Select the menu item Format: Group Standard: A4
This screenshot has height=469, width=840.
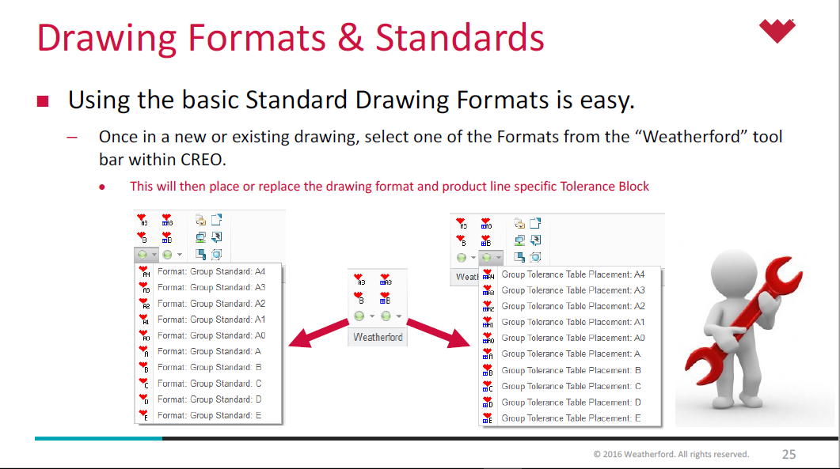211,271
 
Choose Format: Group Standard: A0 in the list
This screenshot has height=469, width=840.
211,335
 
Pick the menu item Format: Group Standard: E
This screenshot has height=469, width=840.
209,415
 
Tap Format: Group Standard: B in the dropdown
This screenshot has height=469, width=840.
209,367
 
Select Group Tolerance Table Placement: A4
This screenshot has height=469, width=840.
572,274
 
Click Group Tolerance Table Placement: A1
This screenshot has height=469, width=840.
572,322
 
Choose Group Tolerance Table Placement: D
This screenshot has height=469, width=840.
571,402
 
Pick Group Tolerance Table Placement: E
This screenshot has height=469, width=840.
571,418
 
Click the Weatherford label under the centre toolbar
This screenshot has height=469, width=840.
378,338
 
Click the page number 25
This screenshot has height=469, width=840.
789,454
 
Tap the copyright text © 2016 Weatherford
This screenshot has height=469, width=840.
671,454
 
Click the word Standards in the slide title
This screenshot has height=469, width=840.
460,39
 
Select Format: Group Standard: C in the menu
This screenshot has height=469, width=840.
209,384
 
